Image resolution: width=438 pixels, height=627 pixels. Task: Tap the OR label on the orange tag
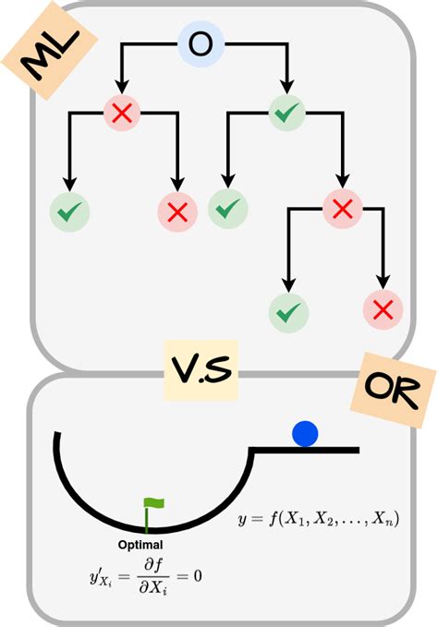click(393, 389)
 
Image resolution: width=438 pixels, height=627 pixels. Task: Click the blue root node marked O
click(201, 44)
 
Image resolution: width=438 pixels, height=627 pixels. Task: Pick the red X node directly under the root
click(122, 113)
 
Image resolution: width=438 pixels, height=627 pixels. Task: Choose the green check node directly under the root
click(286, 113)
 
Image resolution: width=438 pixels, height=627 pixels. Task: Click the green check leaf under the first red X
click(69, 211)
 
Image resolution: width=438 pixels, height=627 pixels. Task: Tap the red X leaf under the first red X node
click(177, 211)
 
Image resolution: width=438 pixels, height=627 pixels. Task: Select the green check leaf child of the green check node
click(227, 209)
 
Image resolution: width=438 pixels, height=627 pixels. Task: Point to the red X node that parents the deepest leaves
click(343, 209)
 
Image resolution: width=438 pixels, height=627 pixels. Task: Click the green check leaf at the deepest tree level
click(289, 313)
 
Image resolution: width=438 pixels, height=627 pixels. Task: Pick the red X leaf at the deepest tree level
click(383, 310)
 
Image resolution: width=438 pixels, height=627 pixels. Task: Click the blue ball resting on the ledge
click(305, 434)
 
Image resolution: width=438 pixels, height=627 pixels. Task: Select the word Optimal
click(140, 545)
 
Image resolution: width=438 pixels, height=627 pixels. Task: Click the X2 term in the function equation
click(323, 520)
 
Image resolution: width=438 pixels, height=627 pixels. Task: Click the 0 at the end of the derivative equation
click(198, 576)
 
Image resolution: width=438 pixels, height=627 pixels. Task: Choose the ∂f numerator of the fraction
click(153, 565)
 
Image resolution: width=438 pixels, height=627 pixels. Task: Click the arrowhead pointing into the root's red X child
click(122, 87)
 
